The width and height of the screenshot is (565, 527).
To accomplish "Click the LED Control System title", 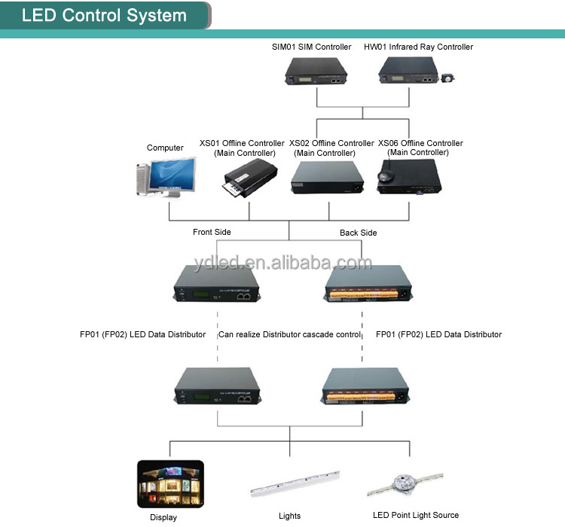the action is (104, 16).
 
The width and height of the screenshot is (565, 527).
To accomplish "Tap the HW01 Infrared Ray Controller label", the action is (418, 47).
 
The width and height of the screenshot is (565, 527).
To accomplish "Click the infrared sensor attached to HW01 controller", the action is (448, 78).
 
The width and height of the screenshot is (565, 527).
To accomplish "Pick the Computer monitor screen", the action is (173, 174).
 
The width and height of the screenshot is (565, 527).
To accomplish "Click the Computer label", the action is (165, 148).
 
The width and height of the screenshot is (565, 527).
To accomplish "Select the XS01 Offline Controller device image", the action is (249, 178).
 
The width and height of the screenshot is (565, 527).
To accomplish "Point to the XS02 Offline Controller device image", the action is (327, 177).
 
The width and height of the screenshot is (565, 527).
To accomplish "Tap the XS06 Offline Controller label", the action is (420, 148).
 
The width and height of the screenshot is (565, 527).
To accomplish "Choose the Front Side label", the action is (212, 232).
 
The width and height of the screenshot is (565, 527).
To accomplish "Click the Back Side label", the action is (358, 233).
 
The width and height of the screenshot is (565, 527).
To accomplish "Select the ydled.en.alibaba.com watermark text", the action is (282, 263).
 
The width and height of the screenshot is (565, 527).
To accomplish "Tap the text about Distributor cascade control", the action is (289, 334).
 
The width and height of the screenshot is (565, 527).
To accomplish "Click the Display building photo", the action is (170, 484).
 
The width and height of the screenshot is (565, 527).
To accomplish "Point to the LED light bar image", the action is (295, 483).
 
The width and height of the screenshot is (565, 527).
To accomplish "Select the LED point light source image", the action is (405, 485).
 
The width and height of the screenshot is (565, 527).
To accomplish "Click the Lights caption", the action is (289, 516).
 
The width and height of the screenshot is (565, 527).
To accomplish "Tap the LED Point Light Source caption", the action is (416, 515).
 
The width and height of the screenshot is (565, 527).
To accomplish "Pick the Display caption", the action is (163, 517).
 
